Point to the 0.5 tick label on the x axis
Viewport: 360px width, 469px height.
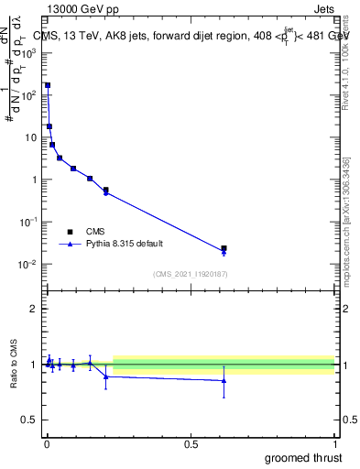[191, 443]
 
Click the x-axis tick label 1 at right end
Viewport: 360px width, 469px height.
[334, 443]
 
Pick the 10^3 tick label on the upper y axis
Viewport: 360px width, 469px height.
[30, 53]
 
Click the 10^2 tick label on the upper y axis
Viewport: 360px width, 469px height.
[30, 95]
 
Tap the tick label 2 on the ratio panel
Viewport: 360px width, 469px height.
[33, 309]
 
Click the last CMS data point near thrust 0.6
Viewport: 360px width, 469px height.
[224, 248]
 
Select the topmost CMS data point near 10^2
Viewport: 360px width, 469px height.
[48, 85]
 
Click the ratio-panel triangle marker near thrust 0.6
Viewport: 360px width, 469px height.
[224, 381]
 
